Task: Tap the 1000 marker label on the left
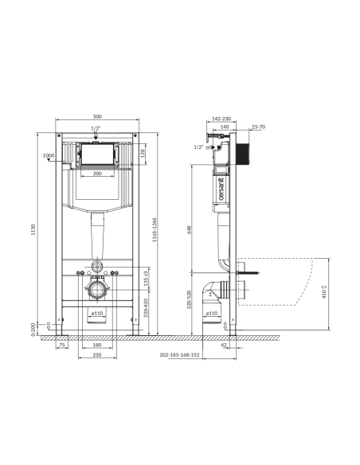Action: point(49,156)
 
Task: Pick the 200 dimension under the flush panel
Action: point(97,174)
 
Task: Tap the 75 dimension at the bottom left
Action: point(61,346)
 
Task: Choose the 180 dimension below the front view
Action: point(97,346)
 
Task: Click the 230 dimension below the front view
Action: point(97,356)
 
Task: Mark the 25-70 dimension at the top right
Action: point(258,127)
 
